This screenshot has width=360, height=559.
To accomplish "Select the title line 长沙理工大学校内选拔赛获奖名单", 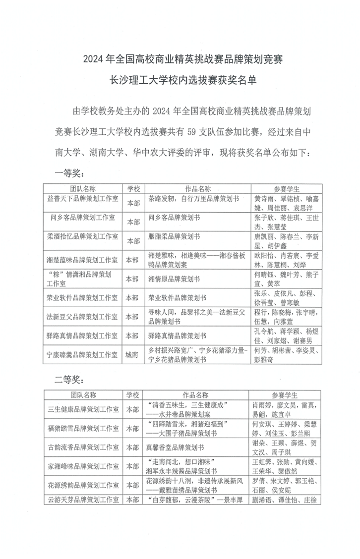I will click(x=182, y=79).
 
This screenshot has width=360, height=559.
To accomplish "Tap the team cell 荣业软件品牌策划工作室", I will click(x=83, y=298).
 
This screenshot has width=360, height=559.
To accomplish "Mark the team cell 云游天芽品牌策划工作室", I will click(x=83, y=499).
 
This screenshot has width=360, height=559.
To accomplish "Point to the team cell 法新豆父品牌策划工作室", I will click(x=83, y=316).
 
